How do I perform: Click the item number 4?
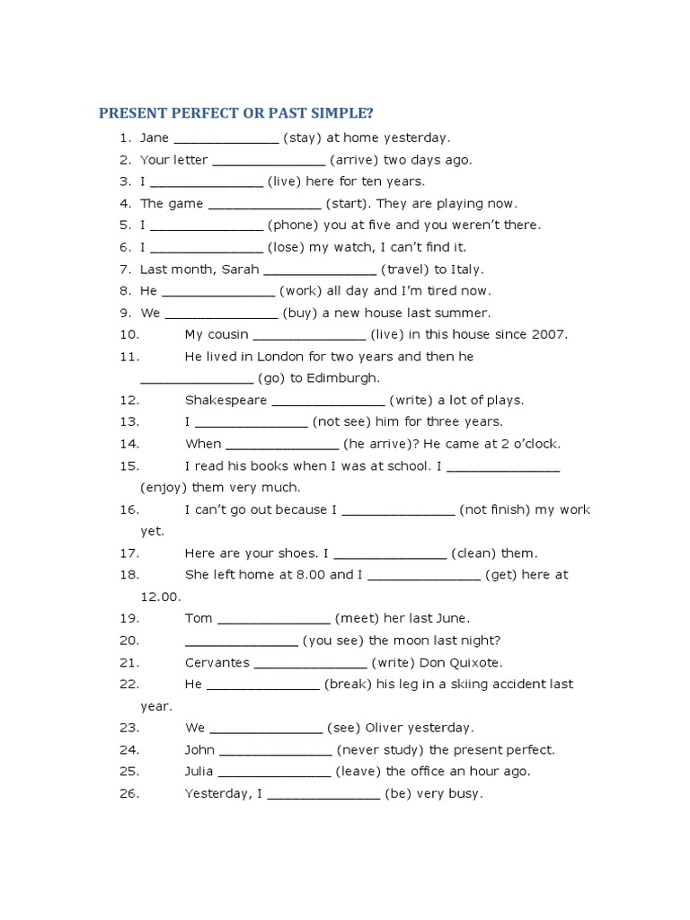125,204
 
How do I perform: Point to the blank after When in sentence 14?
281,444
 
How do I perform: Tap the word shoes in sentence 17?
296,553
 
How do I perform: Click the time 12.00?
161,597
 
